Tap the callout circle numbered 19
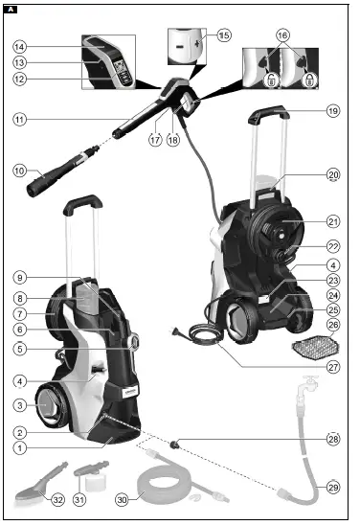pyautogui.click(x=332, y=111)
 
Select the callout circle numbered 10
pyautogui.click(x=19, y=171)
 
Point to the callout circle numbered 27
pyautogui.click(x=332, y=365)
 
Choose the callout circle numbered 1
pyautogui.click(x=19, y=447)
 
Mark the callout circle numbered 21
pyautogui.click(x=332, y=219)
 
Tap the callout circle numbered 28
pyautogui.click(x=332, y=438)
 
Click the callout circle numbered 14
pyautogui.click(x=19, y=46)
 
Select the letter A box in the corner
pyautogui.click(x=10, y=8)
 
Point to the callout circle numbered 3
pyautogui.click(x=19, y=406)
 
